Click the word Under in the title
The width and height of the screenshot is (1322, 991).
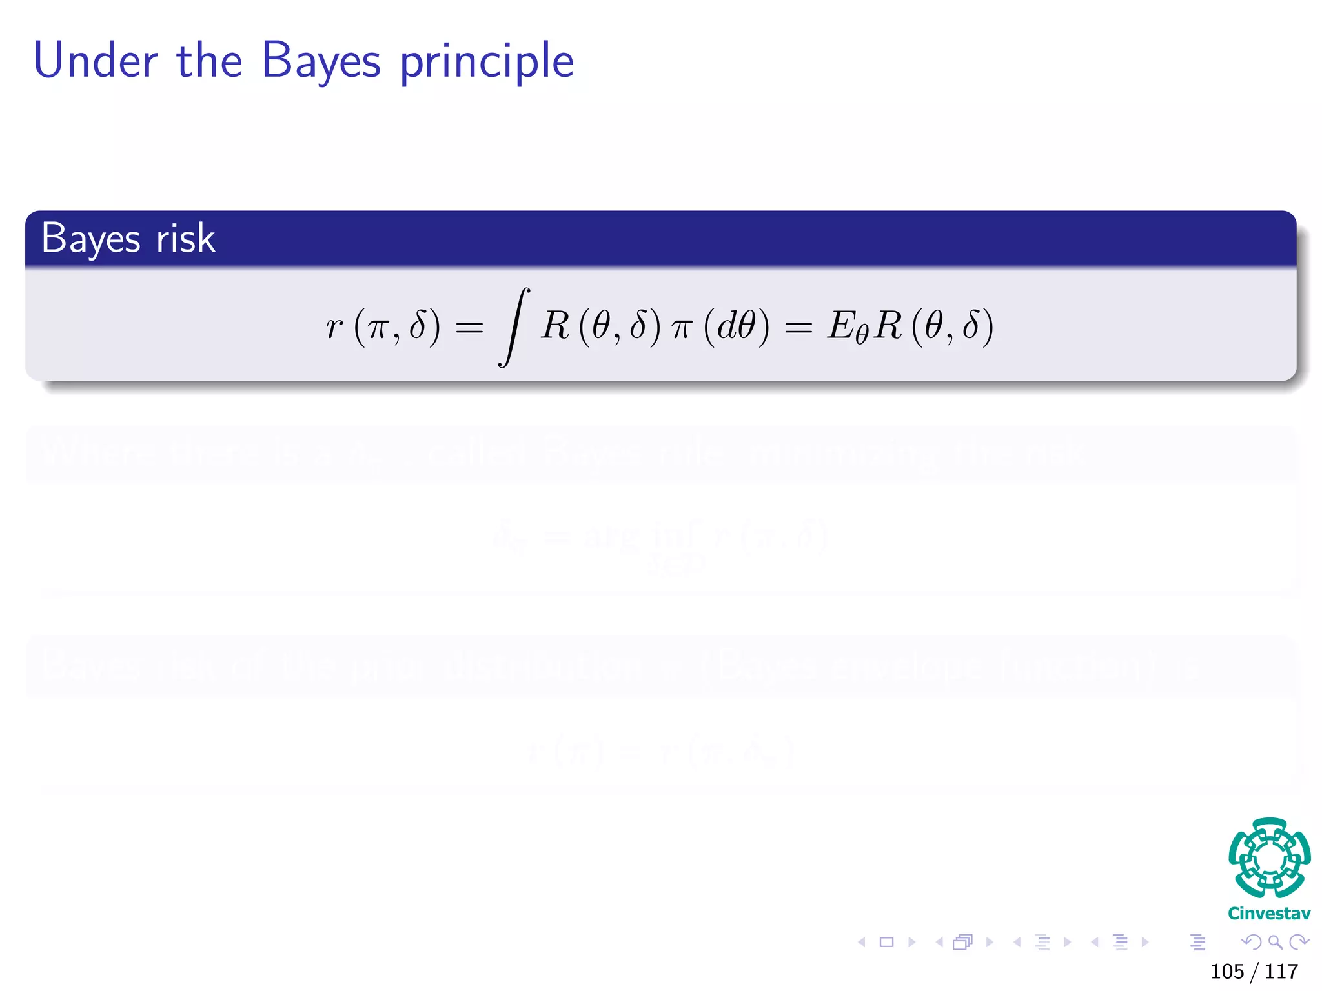pyautogui.click(x=95, y=61)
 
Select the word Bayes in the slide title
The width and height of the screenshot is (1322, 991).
pyautogui.click(x=321, y=62)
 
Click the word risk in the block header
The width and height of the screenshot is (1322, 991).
pyautogui.click(x=185, y=238)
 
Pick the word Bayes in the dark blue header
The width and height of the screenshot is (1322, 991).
pyautogui.click(x=90, y=239)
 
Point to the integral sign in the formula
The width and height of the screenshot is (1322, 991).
pyautogui.click(x=514, y=327)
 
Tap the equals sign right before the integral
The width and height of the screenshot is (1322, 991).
pyautogui.click(x=469, y=328)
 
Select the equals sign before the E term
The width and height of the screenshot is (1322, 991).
pyautogui.click(x=798, y=328)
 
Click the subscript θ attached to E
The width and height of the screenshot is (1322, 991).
pyautogui.click(x=862, y=335)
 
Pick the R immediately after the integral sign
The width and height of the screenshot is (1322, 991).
pyautogui.click(x=556, y=325)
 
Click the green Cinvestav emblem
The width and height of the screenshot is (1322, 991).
pyautogui.click(x=1269, y=857)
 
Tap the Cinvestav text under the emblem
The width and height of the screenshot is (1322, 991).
pyautogui.click(x=1269, y=914)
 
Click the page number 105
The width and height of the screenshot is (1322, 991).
pyautogui.click(x=1227, y=972)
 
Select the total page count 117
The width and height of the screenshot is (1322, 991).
pyautogui.click(x=1281, y=972)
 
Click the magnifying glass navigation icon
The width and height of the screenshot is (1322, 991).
pyautogui.click(x=1275, y=942)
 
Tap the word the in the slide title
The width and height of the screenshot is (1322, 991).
pyautogui.click(x=209, y=61)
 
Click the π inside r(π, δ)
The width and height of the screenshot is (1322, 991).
pyautogui.click(x=378, y=327)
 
